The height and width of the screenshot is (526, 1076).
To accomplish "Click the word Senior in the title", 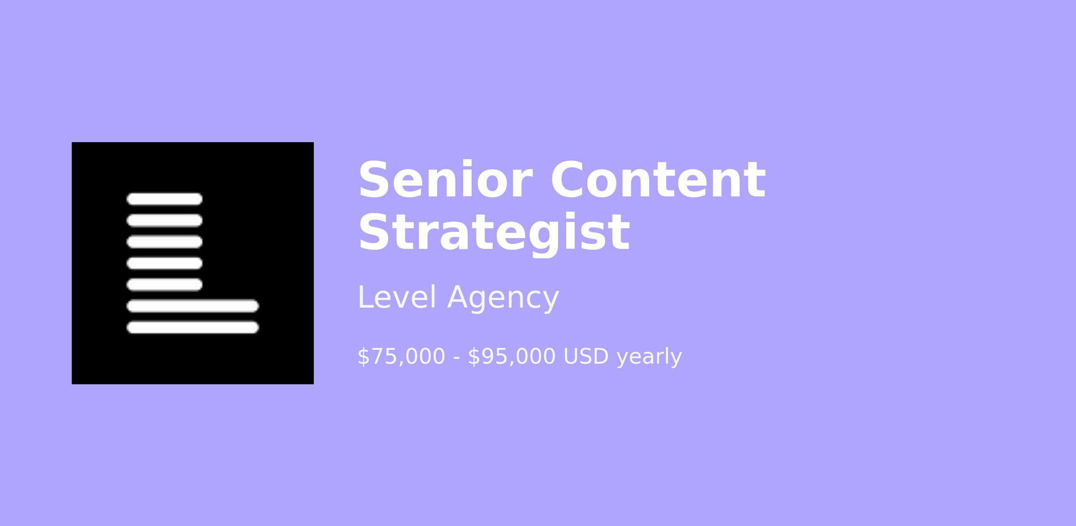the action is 445,180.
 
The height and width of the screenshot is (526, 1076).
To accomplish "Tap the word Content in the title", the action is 658,180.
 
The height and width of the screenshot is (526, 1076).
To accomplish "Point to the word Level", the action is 396,298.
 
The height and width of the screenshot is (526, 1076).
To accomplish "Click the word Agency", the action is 503,299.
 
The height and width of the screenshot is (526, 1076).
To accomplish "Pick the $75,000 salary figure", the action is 401,357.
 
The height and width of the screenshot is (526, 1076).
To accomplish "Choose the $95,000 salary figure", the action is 512,357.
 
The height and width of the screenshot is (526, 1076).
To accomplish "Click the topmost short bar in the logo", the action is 165,199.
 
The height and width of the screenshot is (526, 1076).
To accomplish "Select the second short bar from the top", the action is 165,221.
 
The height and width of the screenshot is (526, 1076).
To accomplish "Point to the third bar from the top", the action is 165,242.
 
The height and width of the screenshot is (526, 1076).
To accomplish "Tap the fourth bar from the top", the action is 165,263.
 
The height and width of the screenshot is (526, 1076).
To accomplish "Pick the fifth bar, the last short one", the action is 165,285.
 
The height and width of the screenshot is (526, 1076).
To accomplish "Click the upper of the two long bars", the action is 193,306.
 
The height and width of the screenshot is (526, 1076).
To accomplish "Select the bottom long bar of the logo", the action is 193,327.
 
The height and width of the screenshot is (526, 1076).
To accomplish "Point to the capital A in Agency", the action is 459,297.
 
